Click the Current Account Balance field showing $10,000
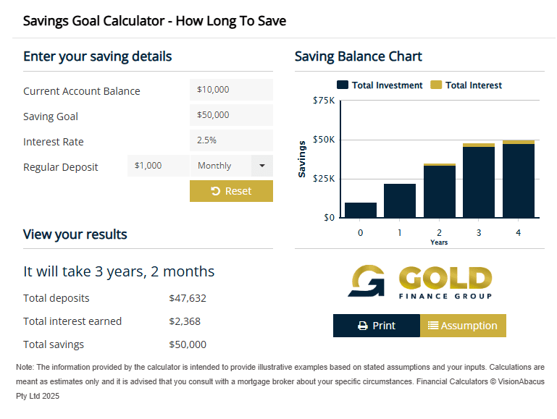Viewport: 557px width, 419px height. click(231, 90)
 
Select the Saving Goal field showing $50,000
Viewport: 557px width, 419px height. click(231, 115)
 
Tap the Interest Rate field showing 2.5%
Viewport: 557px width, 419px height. click(231, 140)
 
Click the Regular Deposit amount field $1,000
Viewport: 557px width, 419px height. click(158, 166)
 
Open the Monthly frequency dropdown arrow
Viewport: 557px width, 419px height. click(262, 166)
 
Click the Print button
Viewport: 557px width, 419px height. click(377, 326)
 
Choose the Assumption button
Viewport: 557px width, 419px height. click(463, 326)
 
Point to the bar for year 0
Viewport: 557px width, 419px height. click(360, 210)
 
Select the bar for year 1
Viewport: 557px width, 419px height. click(400, 200)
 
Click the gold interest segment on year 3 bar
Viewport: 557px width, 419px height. click(479, 145)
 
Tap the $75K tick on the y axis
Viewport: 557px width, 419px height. click(324, 101)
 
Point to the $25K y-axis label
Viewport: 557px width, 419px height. click(324, 178)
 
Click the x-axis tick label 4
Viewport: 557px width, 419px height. click(518, 232)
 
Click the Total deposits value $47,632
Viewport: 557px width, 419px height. click(188, 298)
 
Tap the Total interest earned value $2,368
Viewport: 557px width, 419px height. click(185, 321)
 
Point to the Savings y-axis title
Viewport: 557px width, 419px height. click(302, 158)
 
